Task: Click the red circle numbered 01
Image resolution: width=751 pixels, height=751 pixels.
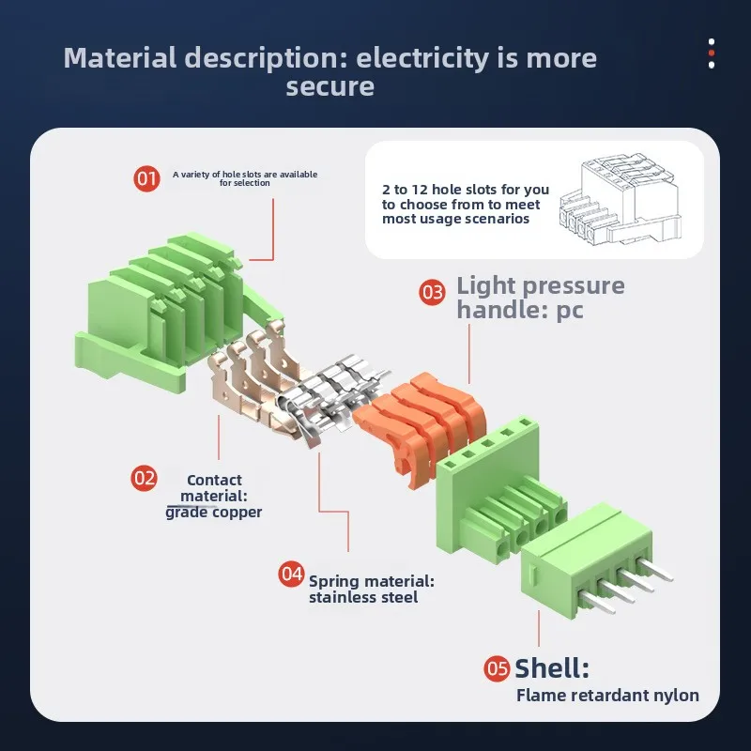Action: [x=147, y=177]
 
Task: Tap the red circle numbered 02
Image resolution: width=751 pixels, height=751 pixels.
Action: [x=144, y=478]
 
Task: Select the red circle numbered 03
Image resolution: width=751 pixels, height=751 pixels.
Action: [x=432, y=293]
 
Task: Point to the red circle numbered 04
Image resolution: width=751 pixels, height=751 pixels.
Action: [x=292, y=573]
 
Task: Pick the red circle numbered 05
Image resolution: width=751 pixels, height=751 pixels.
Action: [x=497, y=669]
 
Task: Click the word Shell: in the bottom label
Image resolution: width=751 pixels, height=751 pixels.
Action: [x=552, y=668]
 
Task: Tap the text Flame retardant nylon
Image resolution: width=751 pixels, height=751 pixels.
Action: [x=607, y=696]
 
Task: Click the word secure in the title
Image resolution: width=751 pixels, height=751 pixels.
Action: [x=330, y=87]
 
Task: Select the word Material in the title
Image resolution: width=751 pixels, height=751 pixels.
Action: [x=119, y=58]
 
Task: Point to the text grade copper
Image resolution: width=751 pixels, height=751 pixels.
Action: [x=213, y=512]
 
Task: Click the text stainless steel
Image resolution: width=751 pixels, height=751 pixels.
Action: [x=363, y=597]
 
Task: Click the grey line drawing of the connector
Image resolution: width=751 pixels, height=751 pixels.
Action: [x=620, y=200]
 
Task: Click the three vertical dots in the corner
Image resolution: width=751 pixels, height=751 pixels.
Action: [x=712, y=53]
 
